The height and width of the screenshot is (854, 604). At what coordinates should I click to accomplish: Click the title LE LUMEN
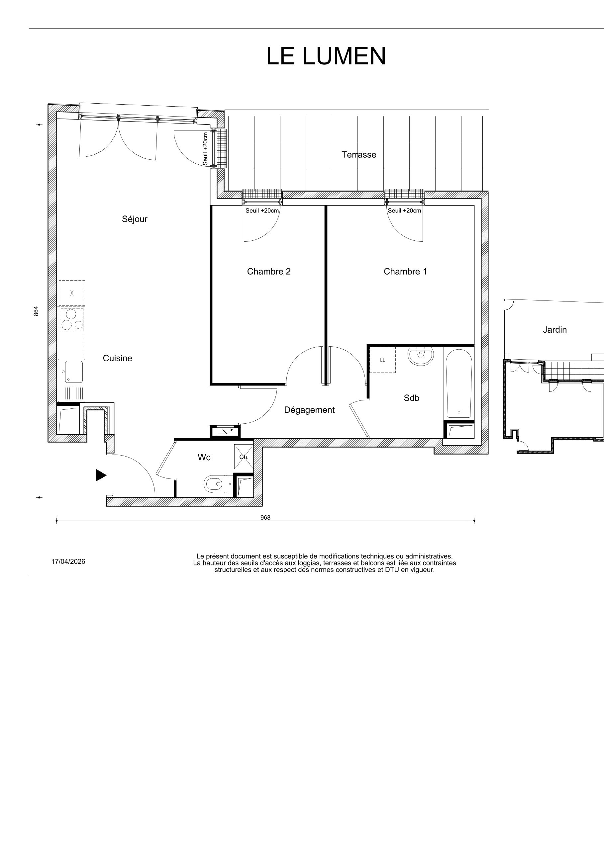(326, 56)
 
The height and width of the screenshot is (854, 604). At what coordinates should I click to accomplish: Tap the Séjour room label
(134, 219)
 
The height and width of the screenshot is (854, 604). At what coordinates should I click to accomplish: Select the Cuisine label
(117, 358)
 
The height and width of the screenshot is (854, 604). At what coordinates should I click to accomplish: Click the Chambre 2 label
(269, 272)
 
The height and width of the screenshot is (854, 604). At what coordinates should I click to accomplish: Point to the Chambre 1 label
(405, 272)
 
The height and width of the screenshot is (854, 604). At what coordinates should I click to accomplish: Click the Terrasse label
(359, 155)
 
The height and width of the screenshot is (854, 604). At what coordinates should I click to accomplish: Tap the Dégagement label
(309, 410)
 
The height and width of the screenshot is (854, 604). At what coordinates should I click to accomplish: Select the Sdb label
(411, 398)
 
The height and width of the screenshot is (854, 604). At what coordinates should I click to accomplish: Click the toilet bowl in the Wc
(214, 484)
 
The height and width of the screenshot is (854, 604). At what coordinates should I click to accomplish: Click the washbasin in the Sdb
(421, 356)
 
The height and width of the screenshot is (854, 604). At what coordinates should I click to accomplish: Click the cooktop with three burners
(72, 319)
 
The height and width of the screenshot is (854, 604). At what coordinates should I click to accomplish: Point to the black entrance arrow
(100, 475)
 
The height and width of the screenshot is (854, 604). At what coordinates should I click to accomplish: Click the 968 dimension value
(265, 517)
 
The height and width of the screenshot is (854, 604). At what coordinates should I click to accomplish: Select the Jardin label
(554, 330)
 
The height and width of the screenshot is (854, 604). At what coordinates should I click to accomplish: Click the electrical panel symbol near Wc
(225, 432)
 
